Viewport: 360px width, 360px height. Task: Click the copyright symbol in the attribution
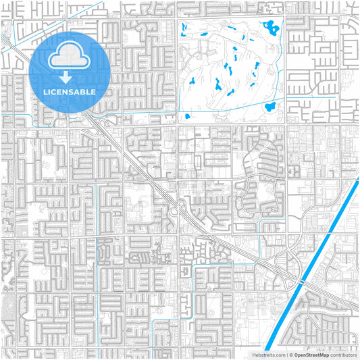(290, 355)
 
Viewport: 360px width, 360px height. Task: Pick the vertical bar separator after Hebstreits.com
(286, 355)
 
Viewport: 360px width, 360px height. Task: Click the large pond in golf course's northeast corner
(272, 28)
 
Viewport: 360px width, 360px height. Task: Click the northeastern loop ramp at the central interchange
(184, 203)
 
